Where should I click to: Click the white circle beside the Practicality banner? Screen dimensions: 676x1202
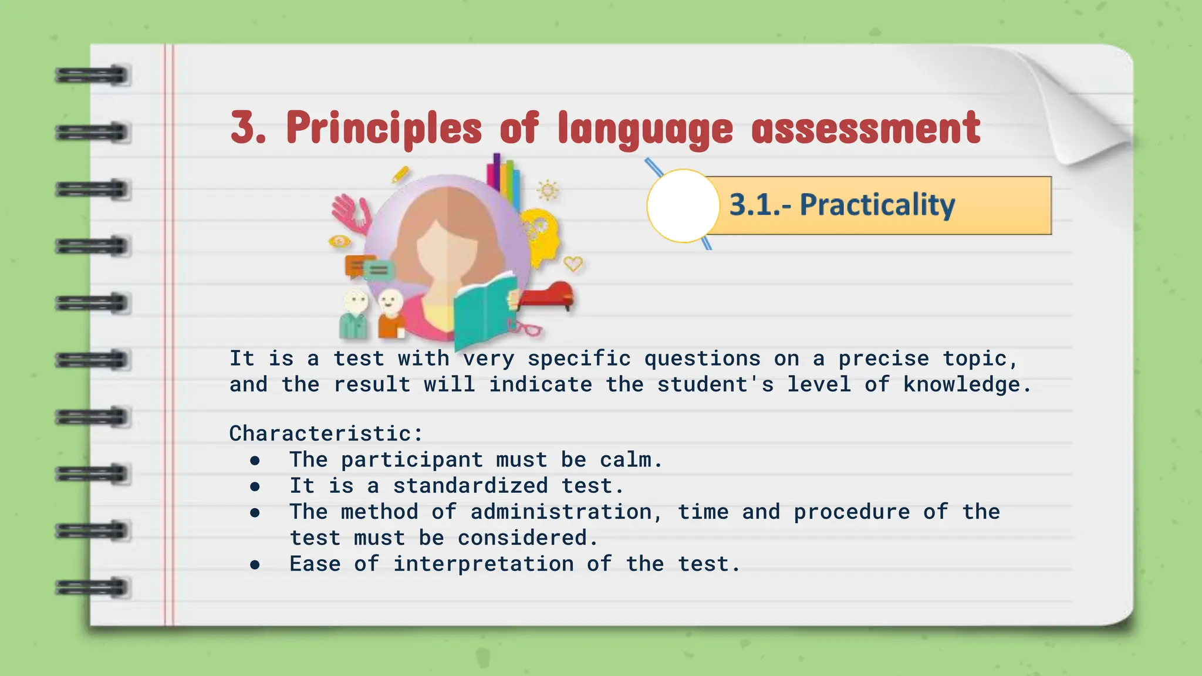[683, 206]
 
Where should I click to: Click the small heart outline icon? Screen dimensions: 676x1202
[573, 264]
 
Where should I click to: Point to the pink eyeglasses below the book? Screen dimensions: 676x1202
[524, 327]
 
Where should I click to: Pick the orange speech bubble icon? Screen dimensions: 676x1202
[354, 266]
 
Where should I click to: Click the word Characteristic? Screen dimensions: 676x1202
[321, 434]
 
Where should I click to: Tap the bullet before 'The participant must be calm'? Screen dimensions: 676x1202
[255, 461]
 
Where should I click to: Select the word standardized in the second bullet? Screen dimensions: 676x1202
[470, 486]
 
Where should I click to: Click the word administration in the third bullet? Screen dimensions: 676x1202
[561, 512]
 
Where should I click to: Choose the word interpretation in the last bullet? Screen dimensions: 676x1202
[483, 564]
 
